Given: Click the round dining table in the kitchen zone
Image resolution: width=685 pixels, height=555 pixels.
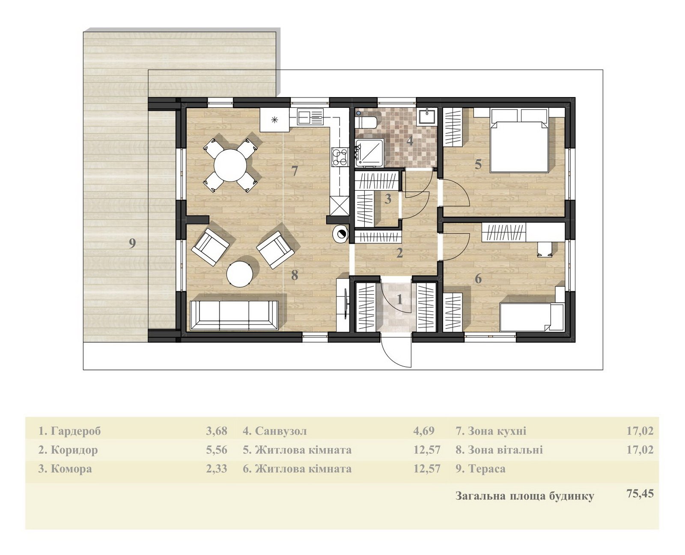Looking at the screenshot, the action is pos(230,165).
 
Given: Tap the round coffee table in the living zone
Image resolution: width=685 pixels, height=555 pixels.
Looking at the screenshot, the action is pos(240,274).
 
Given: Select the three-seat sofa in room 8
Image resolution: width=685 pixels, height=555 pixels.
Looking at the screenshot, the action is pos(234,315).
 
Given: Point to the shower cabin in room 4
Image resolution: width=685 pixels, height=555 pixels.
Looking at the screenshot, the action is pos(369,153).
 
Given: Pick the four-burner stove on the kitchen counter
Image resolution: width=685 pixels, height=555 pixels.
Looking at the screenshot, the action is pos(340,156).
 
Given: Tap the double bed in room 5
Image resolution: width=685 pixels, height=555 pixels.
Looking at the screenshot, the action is pos(519,141).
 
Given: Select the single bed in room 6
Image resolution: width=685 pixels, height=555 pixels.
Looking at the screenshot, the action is pos(530,317).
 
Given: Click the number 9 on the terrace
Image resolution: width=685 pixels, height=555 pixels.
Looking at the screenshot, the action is pos(132,243).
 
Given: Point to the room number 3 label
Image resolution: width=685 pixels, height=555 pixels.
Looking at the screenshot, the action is pos(388,199).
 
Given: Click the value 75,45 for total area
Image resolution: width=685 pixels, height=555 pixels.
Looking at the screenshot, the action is pos(640,493).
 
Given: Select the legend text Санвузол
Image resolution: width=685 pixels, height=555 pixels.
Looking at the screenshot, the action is pos(281,431).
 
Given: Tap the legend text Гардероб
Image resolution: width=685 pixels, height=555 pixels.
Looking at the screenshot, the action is pos(76,431).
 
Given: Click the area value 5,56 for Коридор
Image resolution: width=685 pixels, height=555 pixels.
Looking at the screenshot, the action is pos(217,450).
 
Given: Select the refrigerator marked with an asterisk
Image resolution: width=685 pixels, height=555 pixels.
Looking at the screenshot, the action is pos(274,120).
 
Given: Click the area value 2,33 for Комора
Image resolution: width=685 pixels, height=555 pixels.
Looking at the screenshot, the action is pos(217,469).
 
